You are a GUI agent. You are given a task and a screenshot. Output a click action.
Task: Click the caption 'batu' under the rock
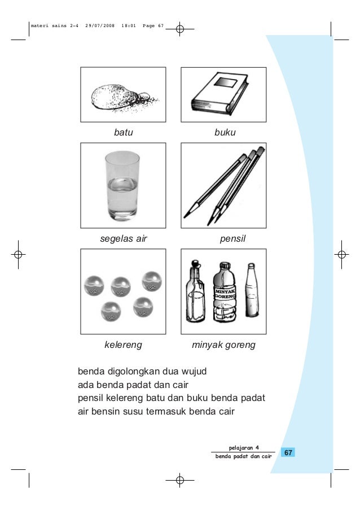coord(123,133)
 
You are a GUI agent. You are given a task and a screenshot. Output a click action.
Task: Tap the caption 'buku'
coord(225,133)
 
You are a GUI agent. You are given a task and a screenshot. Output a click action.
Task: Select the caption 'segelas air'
coord(124,239)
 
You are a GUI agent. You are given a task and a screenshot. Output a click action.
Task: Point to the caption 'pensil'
coord(234,239)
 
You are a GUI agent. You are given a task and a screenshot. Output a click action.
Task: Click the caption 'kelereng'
coord(124,345)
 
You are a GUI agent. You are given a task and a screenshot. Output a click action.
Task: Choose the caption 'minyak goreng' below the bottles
coord(224,345)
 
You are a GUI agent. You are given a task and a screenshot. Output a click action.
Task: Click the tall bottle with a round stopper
coord(195,294)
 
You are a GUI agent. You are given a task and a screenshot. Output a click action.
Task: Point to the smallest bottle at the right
coord(251,294)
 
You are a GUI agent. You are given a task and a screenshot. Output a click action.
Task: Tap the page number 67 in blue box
coord(287,453)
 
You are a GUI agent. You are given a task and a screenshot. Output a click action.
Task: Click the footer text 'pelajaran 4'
coord(244,448)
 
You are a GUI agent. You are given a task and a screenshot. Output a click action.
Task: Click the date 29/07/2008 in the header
coord(99,26)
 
